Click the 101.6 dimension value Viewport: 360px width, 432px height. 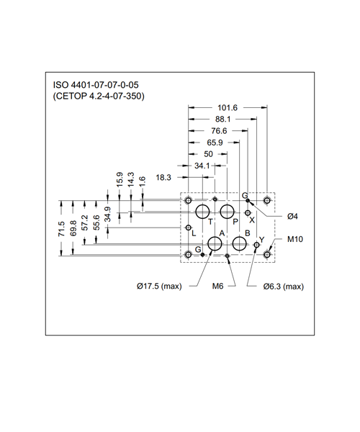(228, 108)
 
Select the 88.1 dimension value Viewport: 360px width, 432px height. (223, 120)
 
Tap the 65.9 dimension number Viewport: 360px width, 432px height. (215, 143)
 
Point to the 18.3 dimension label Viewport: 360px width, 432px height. (163, 177)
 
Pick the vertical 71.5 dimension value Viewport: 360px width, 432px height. (61, 229)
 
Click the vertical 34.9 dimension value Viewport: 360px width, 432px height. (107, 215)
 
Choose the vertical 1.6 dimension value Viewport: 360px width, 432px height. (142, 182)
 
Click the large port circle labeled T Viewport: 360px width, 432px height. (202, 212)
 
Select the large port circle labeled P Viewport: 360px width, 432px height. (228, 212)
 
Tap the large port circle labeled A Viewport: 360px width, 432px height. (215, 244)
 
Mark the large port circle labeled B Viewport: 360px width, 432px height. (239, 244)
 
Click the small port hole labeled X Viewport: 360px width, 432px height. (248, 213)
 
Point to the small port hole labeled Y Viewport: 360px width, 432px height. (257, 245)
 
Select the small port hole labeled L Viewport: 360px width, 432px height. (189, 228)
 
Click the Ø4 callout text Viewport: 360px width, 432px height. (292, 217)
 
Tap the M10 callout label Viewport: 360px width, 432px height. (295, 239)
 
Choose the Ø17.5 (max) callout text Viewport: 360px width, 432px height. (159, 287)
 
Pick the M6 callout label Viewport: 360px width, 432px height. (217, 287)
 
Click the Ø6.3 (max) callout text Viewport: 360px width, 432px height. (284, 287)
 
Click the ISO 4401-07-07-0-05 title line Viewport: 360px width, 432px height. (96, 84)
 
